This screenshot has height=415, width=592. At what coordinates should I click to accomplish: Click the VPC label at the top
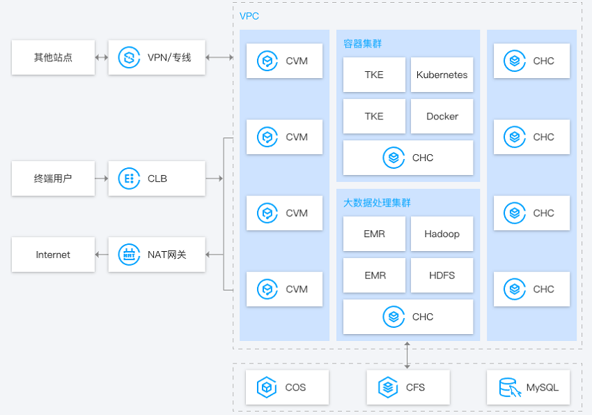[249, 16]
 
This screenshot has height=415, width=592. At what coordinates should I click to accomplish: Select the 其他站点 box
[53, 57]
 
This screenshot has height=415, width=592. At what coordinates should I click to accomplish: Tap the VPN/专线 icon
[129, 57]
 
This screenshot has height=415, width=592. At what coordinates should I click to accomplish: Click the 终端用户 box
[53, 179]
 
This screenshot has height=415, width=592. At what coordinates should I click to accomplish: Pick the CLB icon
[129, 179]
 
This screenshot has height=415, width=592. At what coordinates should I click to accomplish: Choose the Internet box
[53, 255]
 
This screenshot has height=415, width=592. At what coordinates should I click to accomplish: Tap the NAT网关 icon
[129, 255]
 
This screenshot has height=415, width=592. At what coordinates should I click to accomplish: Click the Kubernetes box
[442, 75]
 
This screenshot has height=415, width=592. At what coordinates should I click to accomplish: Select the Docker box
[442, 116]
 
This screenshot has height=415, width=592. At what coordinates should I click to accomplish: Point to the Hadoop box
[442, 234]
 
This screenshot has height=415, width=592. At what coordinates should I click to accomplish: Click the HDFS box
[442, 275]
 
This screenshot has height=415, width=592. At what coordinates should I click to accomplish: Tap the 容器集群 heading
[362, 44]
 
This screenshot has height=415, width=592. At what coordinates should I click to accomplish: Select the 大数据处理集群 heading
[377, 203]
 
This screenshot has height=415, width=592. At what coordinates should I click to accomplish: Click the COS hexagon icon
[267, 387]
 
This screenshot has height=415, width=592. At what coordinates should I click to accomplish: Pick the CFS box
[408, 387]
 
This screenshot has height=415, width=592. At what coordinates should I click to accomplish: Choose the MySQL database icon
[510, 387]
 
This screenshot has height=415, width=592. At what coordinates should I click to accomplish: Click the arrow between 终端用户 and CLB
[102, 179]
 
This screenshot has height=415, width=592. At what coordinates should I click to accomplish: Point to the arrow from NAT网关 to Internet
[102, 255]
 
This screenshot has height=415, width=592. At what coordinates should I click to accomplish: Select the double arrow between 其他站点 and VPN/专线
[102, 57]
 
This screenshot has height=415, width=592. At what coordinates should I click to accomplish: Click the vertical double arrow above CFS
[407, 355]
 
